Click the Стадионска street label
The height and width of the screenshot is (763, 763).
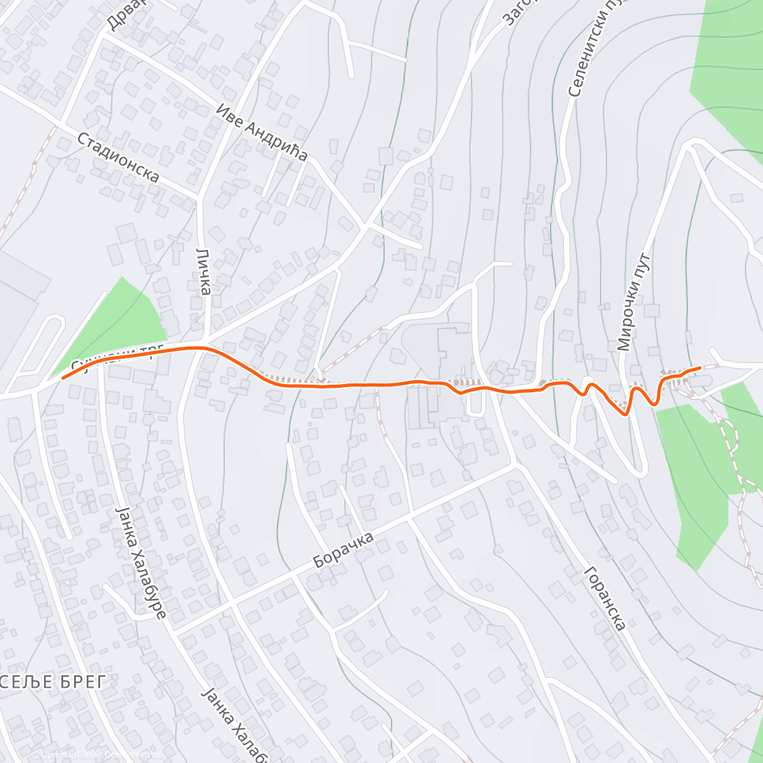point(118,156)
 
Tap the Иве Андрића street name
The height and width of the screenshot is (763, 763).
point(261,132)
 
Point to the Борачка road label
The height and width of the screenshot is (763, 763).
point(343,551)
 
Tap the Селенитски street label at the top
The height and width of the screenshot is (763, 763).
point(585,51)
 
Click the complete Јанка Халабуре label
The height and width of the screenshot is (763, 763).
point(141,562)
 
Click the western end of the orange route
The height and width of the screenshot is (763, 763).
point(63,378)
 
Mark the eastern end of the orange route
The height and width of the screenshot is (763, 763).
point(700,368)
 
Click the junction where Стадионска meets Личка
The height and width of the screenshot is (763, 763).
point(199,196)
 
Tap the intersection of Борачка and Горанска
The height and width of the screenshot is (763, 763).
point(516,465)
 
